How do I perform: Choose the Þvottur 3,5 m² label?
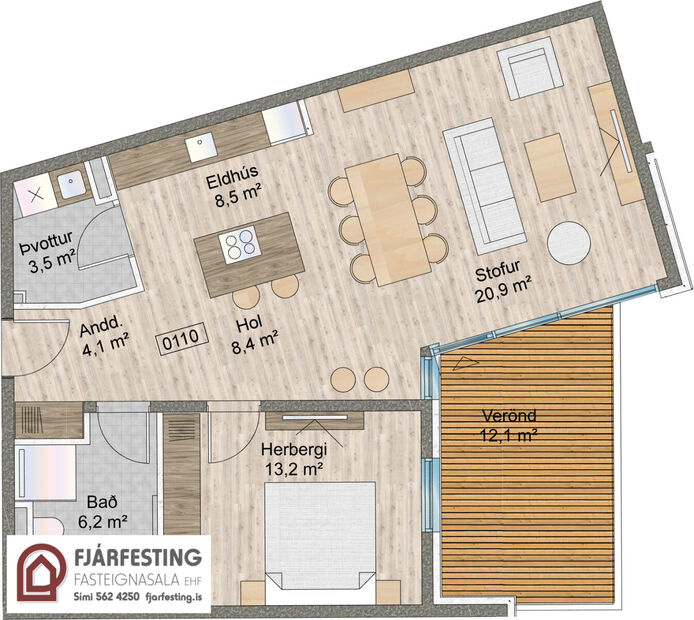tap(49, 257)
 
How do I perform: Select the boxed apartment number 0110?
tap(181, 338)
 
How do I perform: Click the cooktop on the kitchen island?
tap(241, 244)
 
